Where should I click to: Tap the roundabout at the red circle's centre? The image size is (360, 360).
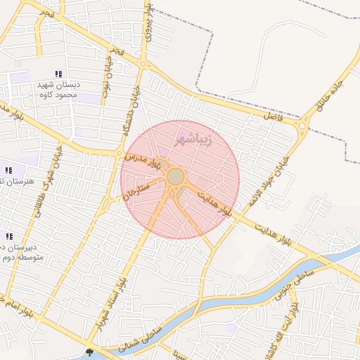(x=176, y=176)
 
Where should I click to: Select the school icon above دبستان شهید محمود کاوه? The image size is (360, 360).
(x=59, y=74)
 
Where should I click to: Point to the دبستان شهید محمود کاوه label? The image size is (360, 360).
(x=59, y=89)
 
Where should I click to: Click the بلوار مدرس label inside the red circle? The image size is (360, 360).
(x=144, y=161)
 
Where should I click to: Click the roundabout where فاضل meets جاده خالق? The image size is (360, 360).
(x=302, y=127)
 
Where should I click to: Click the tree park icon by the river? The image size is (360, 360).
(x=89, y=352)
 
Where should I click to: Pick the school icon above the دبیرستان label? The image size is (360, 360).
(x=9, y=237)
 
